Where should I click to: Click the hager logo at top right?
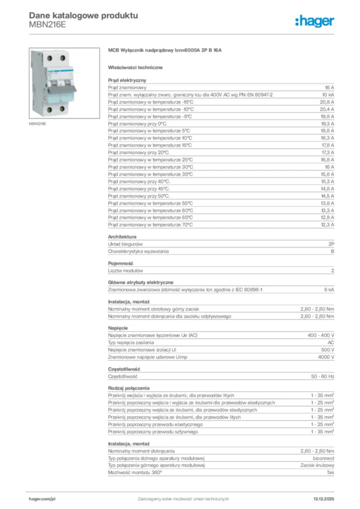315,21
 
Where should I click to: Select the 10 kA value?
328,94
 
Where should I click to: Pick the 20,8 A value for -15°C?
327,101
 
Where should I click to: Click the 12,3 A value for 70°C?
327,225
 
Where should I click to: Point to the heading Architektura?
122,237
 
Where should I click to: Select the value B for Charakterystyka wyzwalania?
332,252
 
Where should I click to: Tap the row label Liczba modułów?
126,271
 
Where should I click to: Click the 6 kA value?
329,290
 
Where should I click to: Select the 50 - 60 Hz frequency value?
323,376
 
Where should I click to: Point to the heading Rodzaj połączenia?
129,388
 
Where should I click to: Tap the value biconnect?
323,458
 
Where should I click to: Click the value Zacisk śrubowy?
317,465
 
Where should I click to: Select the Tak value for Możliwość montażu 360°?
330,472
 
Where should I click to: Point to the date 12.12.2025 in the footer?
324,499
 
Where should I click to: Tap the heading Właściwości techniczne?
135,67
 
